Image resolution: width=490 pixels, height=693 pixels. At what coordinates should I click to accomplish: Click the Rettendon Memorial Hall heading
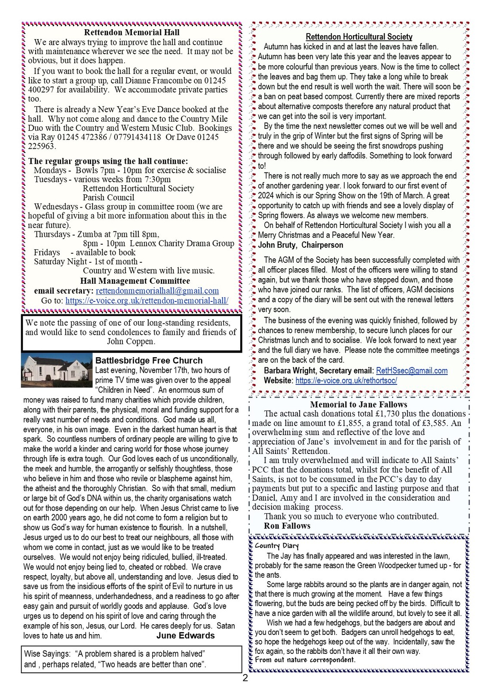[x=132, y=32]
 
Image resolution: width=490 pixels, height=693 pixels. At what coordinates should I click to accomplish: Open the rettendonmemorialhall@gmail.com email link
[x=157, y=291]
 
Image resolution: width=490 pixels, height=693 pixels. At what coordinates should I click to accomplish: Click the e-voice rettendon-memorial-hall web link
[x=147, y=301]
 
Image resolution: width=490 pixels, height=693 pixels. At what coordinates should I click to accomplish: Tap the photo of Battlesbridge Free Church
[x=57, y=370]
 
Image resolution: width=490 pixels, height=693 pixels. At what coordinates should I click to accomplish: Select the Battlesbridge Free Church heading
[x=149, y=361]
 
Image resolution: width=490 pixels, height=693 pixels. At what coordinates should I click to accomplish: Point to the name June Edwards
[x=185, y=635]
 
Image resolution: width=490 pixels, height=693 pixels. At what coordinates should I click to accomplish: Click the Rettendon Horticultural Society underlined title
[x=359, y=37]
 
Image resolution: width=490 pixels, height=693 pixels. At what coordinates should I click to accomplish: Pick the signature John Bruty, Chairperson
[x=300, y=245]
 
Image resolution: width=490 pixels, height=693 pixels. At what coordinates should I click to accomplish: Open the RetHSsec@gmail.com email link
[x=411, y=371]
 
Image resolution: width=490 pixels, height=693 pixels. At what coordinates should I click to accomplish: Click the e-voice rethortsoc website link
[x=346, y=380]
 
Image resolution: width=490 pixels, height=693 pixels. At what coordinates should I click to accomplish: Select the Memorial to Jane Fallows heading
[x=358, y=405]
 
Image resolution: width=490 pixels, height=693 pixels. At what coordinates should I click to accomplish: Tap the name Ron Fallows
[x=287, y=526]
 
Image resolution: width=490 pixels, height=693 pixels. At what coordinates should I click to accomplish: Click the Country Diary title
[x=273, y=546]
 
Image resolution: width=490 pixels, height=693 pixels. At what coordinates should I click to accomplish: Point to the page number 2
[x=245, y=679]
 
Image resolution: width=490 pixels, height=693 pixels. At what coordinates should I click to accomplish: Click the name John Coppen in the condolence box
[x=131, y=341]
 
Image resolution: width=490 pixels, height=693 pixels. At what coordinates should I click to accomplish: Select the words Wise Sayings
[x=47, y=654]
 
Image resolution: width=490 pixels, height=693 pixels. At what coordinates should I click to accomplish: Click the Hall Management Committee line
[x=135, y=281]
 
